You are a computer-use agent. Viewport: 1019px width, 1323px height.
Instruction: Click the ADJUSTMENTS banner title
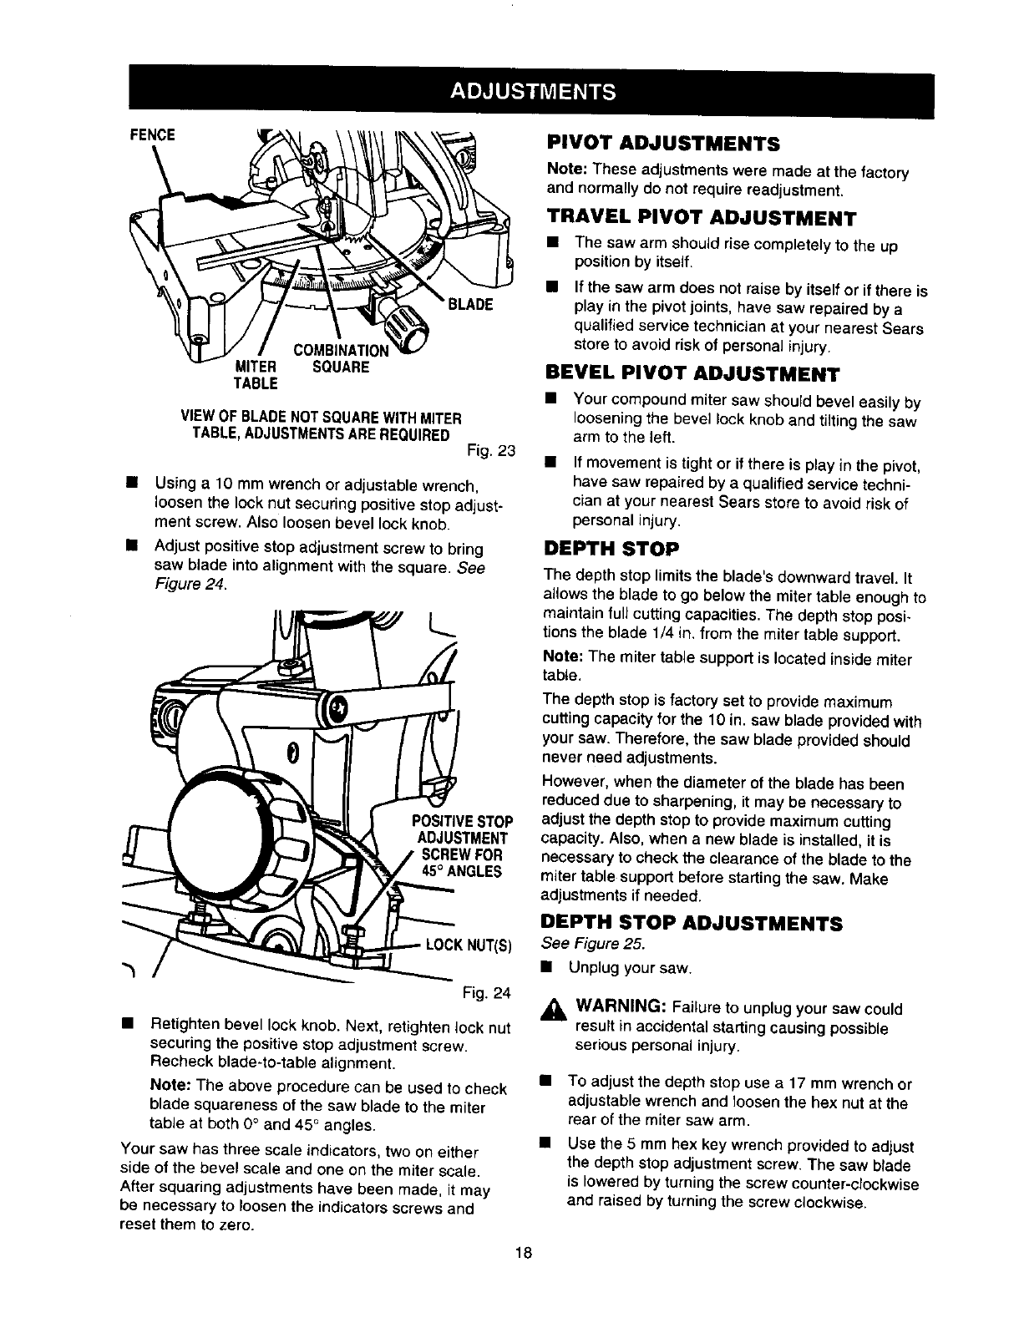533,90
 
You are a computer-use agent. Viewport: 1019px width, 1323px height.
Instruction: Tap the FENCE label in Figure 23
151,134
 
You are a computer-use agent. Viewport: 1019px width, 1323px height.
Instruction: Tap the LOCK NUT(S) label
467,945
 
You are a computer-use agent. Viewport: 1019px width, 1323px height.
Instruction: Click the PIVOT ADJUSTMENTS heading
662,144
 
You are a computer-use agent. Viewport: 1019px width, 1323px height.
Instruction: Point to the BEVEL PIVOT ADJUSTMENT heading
692,372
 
